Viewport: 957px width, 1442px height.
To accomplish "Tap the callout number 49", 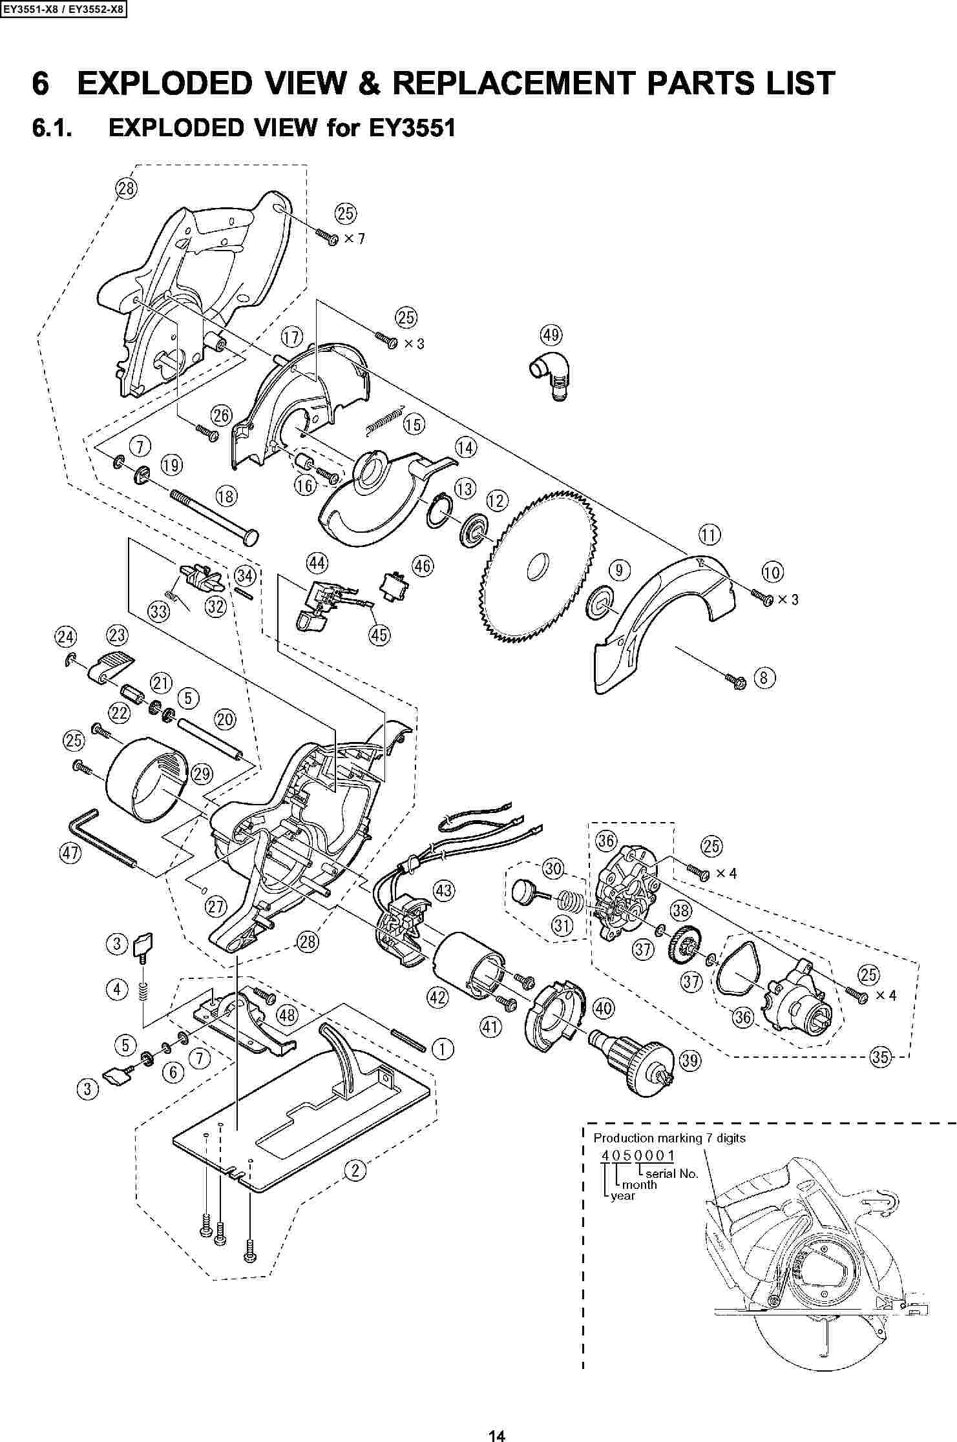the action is tap(551, 336).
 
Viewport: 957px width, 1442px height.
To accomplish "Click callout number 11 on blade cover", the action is tap(710, 535).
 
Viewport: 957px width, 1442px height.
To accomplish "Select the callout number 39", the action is tap(690, 1060).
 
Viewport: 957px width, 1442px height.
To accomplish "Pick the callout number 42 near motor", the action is tap(437, 997).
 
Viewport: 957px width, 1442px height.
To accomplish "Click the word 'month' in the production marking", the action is tap(640, 1184).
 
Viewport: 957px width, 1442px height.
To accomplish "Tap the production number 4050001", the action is tap(638, 1155).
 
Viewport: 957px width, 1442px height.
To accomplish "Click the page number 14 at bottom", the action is tap(496, 1431).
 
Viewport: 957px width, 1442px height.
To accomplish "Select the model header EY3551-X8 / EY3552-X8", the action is tap(63, 10).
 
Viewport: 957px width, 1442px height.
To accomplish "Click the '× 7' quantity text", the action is tap(354, 239).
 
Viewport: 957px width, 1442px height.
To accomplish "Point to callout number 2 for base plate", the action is tap(355, 1169).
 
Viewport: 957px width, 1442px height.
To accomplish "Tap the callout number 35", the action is tap(880, 1056).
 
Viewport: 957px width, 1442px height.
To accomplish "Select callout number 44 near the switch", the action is tap(317, 563).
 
